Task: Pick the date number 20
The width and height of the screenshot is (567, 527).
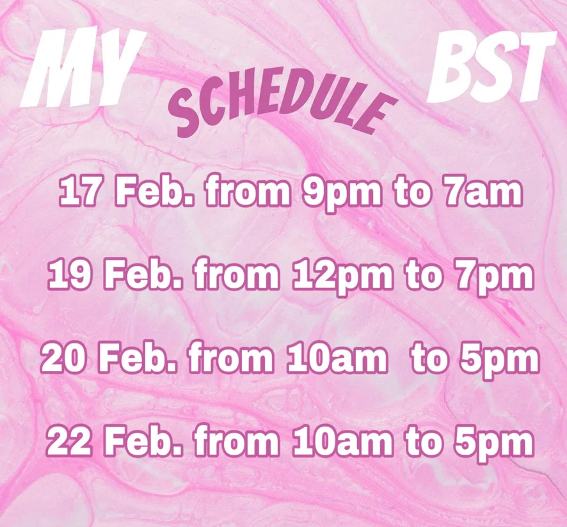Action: tap(62, 359)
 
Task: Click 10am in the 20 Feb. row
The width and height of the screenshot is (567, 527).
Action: tap(337, 359)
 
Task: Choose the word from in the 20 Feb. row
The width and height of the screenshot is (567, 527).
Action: tap(232, 359)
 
